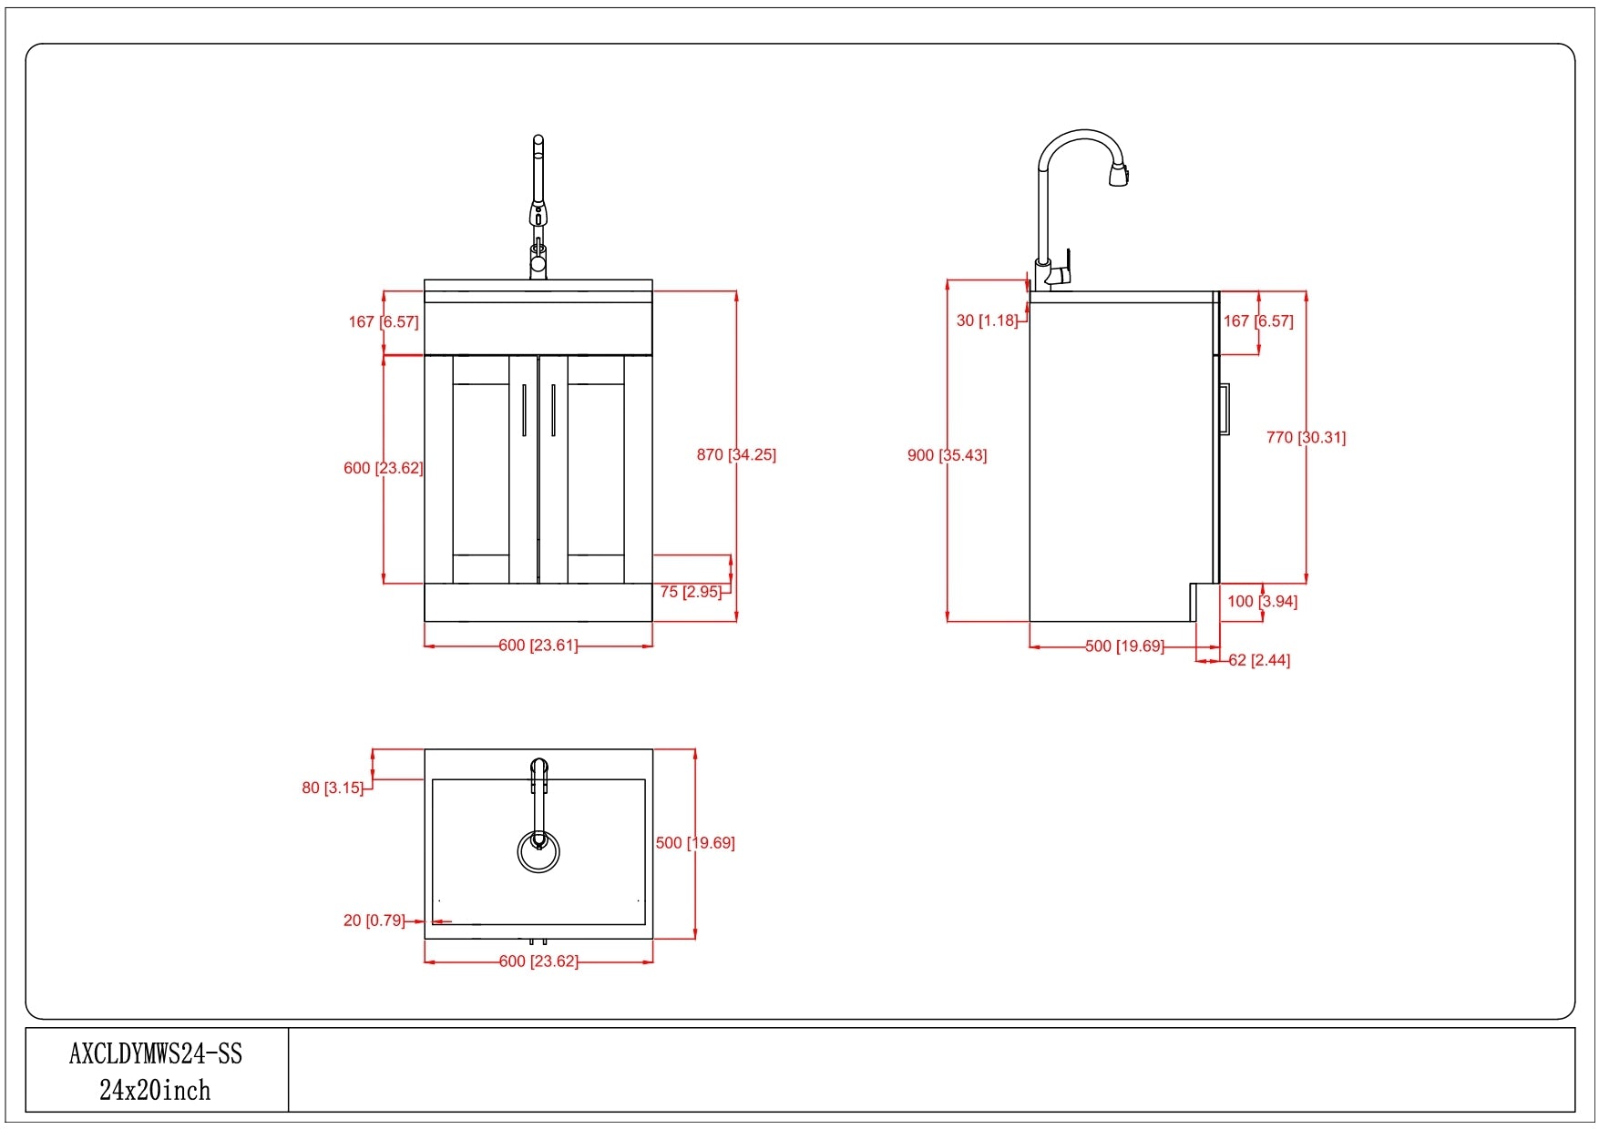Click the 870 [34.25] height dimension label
[736, 454]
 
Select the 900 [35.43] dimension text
[947, 455]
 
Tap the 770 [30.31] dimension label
[1306, 437]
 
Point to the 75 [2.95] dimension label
[691, 592]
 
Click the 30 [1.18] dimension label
[987, 320]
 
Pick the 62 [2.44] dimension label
[1259, 660]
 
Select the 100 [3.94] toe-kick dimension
[1262, 601]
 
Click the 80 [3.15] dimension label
[333, 788]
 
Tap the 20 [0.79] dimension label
[374, 920]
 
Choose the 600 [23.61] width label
[538, 646]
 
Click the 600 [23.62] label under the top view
[538, 961]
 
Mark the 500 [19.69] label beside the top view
[695, 843]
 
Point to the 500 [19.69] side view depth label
[1124, 646]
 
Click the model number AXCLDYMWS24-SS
[156, 1053]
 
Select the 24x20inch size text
[155, 1090]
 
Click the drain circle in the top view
[538, 852]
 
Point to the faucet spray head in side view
[1119, 172]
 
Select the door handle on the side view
[1225, 410]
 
